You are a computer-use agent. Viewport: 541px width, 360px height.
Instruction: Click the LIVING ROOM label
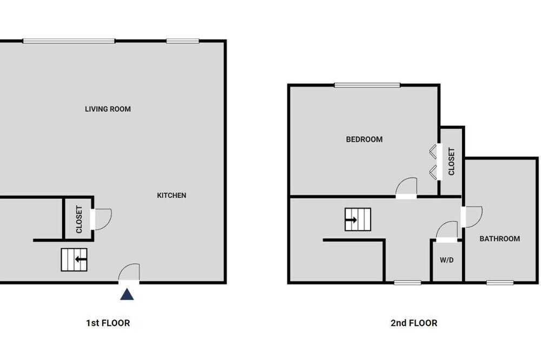click(108, 109)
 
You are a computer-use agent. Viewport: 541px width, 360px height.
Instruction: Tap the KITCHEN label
click(171, 195)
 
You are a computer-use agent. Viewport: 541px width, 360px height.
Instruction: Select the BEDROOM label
click(364, 139)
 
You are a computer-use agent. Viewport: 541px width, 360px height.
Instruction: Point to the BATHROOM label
click(499, 238)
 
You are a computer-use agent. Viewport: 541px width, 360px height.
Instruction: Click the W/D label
click(446, 260)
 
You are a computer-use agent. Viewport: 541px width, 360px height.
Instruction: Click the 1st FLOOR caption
click(108, 323)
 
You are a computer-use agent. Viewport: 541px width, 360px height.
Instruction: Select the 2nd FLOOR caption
click(414, 323)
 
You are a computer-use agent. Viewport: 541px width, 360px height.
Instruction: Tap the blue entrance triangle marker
click(127, 294)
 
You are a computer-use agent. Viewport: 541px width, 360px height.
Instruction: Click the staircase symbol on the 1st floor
click(74, 259)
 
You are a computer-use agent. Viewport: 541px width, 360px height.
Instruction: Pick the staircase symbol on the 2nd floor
click(358, 219)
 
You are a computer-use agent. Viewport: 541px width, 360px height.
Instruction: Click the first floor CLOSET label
click(79, 219)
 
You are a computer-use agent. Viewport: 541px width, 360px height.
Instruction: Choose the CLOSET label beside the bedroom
click(451, 162)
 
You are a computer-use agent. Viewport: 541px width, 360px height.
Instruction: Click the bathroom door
click(472, 217)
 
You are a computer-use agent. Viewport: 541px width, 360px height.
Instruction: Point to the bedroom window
click(367, 85)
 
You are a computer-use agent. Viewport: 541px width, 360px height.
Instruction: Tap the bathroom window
click(500, 283)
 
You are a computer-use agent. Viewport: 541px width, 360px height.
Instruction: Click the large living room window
click(69, 41)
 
